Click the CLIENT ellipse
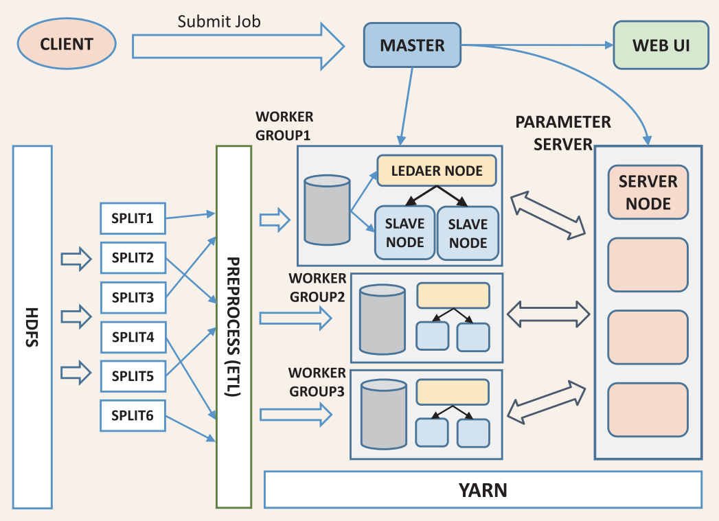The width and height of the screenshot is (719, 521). coord(66,44)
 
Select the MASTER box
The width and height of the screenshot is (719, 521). coord(412,46)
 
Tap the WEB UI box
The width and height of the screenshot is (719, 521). coord(661,46)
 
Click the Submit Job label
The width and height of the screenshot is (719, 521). coord(219,21)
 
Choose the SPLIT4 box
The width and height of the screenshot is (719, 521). coord(133,337)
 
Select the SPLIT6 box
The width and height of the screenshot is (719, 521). coord(133,415)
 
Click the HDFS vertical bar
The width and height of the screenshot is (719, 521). coord(32,327)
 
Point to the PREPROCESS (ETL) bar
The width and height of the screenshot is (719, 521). coord(233,327)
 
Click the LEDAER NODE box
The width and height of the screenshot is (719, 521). coord(436,171)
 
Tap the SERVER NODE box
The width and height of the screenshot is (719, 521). coord(648,192)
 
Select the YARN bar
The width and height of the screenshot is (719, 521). coord(483,490)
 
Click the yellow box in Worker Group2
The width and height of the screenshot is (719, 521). coord(453,295)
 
